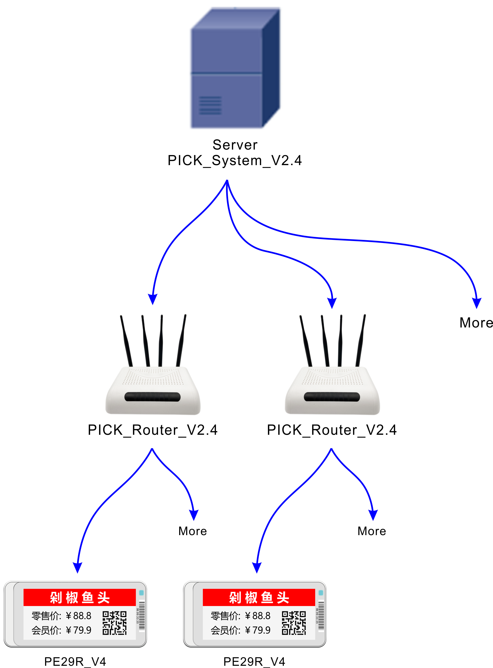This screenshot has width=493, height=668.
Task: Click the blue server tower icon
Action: pos(235,69)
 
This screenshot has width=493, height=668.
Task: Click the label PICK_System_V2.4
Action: pos(235,161)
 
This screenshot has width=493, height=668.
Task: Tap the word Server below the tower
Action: pos(235,145)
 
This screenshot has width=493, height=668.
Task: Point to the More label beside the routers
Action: pos(476,323)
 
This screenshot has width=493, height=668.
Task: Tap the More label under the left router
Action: pos(193,532)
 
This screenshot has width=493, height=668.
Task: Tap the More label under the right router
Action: pos(371,532)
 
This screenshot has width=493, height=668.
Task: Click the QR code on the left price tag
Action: pos(115,623)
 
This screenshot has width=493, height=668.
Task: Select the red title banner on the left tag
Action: pos(79,598)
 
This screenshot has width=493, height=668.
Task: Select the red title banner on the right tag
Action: pos(259,598)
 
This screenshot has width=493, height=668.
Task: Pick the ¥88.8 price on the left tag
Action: pos(78,616)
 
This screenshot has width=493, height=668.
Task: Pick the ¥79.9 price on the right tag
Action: pos(258,630)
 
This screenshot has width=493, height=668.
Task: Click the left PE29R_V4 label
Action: pos(75,662)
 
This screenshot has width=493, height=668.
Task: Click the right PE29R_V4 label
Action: pos(254,662)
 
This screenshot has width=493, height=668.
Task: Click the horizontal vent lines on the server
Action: pos(210,106)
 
